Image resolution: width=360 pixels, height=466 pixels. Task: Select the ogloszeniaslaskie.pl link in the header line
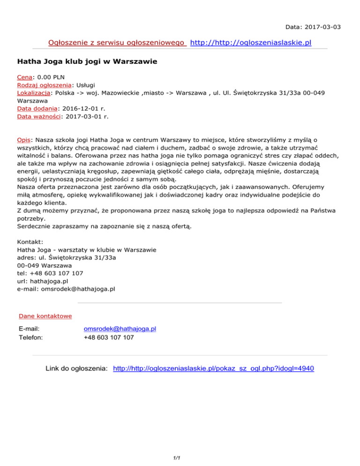pos(252,44)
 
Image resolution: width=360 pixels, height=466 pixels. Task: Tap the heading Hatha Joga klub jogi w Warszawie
pos(87,61)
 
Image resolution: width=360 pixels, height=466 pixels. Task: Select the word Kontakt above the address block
pos(30,241)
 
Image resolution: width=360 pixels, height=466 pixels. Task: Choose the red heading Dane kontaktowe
pos(45,316)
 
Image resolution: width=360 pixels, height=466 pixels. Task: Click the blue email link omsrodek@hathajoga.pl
pos(120,329)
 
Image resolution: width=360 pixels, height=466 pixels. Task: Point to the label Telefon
pos(30,337)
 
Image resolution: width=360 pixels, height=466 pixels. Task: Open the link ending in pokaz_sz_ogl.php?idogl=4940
pos(214,369)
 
